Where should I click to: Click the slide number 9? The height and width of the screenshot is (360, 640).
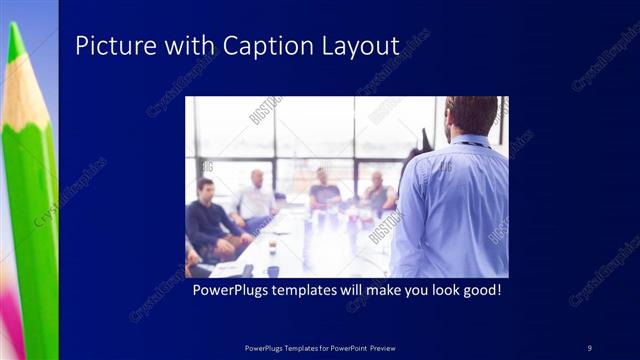click(x=589, y=347)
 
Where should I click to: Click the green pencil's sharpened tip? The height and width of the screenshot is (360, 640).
click(x=15, y=40)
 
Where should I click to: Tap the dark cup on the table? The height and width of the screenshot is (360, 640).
click(x=273, y=270)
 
